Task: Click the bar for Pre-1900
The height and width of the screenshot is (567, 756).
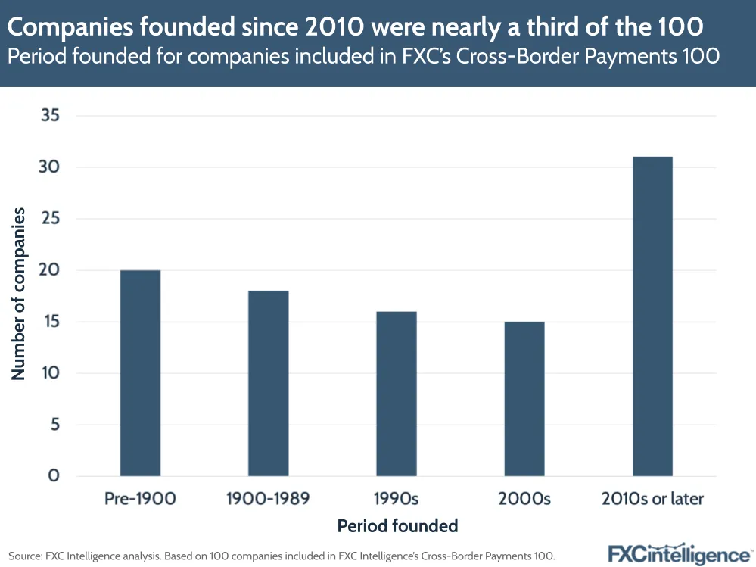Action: [x=140, y=373]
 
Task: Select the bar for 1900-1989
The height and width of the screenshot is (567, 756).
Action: [x=268, y=383]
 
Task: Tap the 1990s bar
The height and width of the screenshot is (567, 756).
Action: [x=396, y=394]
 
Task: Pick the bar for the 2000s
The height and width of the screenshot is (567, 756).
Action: [x=524, y=399]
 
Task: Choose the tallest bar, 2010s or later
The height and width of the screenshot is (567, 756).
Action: [x=652, y=316]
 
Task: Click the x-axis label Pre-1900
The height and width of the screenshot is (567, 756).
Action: [x=140, y=499]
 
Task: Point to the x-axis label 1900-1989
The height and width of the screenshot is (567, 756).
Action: [x=268, y=499]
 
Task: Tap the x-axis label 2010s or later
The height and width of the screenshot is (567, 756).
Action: [x=652, y=499]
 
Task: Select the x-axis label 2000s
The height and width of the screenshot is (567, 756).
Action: [x=524, y=499]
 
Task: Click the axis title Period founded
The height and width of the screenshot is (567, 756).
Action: [x=397, y=525]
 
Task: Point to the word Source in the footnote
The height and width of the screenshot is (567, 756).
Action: [x=24, y=555]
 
